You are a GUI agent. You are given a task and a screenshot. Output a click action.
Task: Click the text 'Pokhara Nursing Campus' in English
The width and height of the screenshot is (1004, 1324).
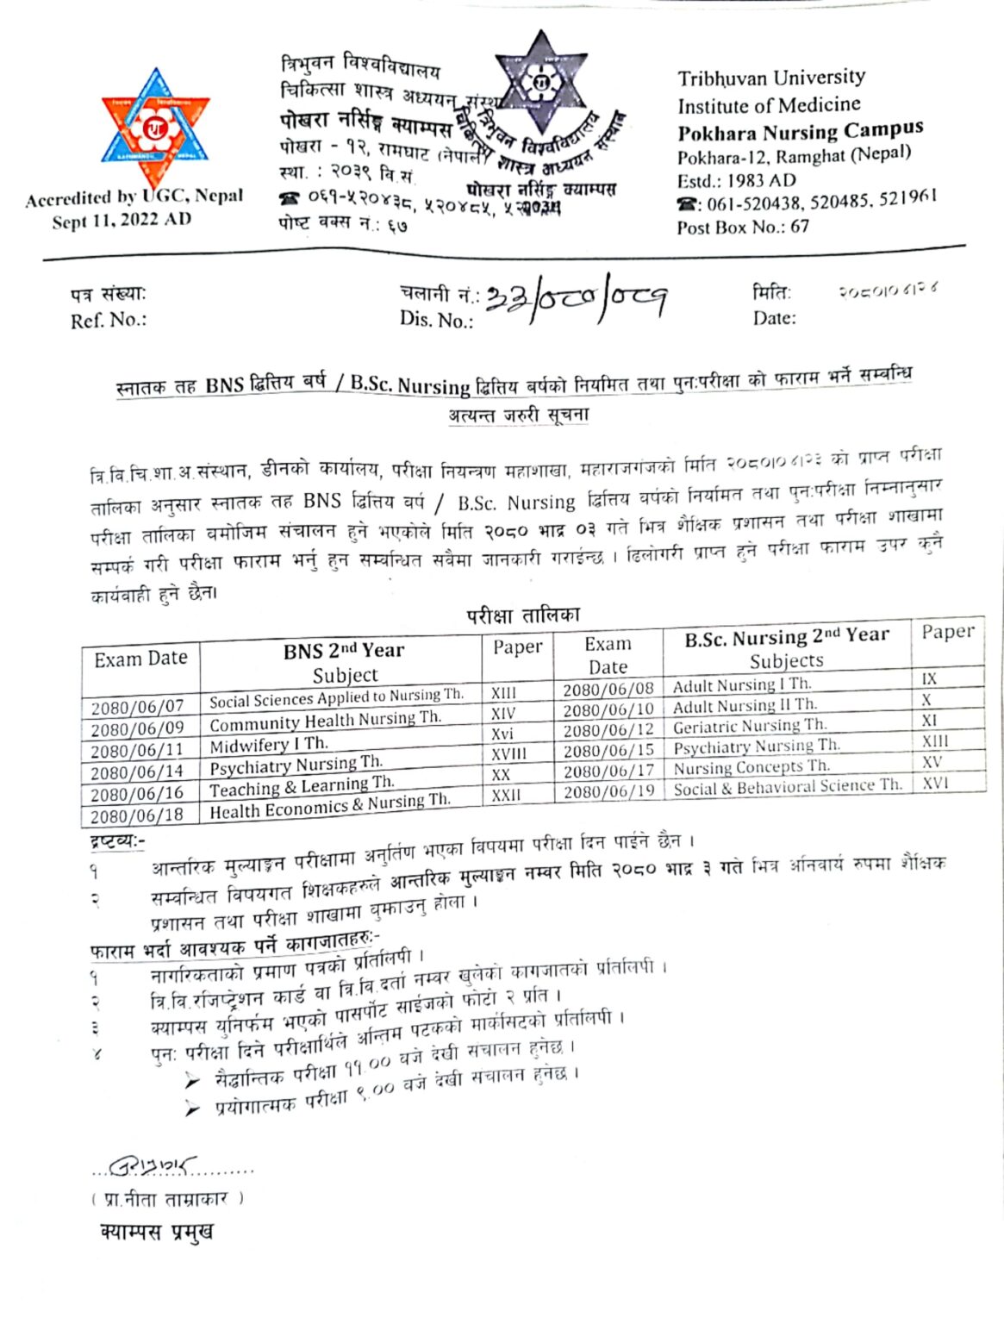(800, 131)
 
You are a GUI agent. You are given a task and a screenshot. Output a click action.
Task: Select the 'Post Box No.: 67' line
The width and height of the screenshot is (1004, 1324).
(743, 227)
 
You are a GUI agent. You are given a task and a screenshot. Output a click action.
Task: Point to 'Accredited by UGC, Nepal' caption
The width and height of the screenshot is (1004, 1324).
(134, 197)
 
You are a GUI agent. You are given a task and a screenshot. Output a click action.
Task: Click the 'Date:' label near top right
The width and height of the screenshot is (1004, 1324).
(774, 317)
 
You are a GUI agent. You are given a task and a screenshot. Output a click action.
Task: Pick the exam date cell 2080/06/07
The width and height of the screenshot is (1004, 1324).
(138, 708)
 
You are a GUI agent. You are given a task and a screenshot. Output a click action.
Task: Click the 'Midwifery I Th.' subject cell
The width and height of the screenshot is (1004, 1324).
(268, 744)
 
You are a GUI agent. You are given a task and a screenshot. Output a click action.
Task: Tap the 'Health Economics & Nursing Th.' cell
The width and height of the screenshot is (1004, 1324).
(329, 806)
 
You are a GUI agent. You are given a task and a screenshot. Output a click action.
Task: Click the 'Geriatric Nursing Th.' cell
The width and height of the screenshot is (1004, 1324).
(749, 727)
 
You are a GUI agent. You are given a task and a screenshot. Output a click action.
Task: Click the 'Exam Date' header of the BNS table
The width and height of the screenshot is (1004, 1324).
(140, 659)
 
